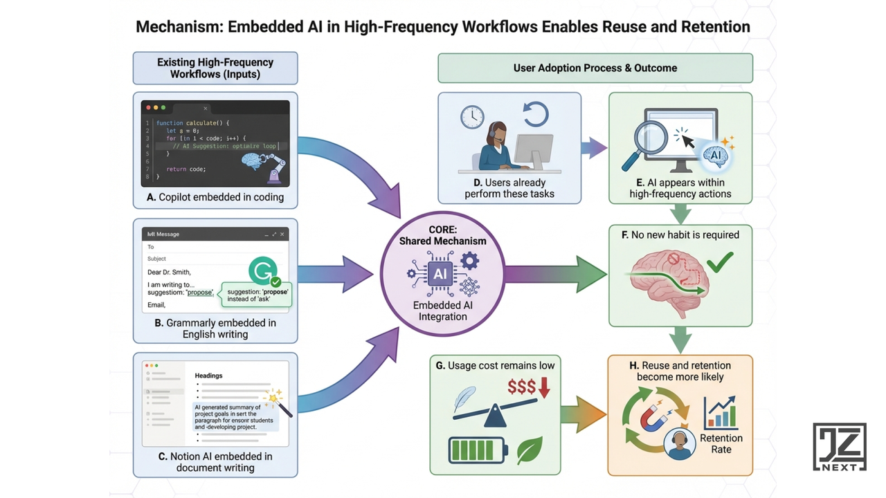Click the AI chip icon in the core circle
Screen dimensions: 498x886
coord(440,274)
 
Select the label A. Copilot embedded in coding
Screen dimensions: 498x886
coord(215,197)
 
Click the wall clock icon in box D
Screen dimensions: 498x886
coord(472,117)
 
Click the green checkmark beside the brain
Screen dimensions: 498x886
coord(720,261)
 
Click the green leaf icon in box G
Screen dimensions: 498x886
coord(530,450)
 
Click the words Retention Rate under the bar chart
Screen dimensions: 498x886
coord(721,443)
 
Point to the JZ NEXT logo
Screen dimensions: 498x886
coord(839,447)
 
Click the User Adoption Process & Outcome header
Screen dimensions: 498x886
coord(595,68)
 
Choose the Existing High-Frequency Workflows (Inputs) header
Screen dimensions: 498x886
coord(215,68)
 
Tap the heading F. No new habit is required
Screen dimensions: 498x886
coord(680,235)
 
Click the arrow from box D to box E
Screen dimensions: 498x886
coord(593,147)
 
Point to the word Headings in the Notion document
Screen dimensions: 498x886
coord(208,376)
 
